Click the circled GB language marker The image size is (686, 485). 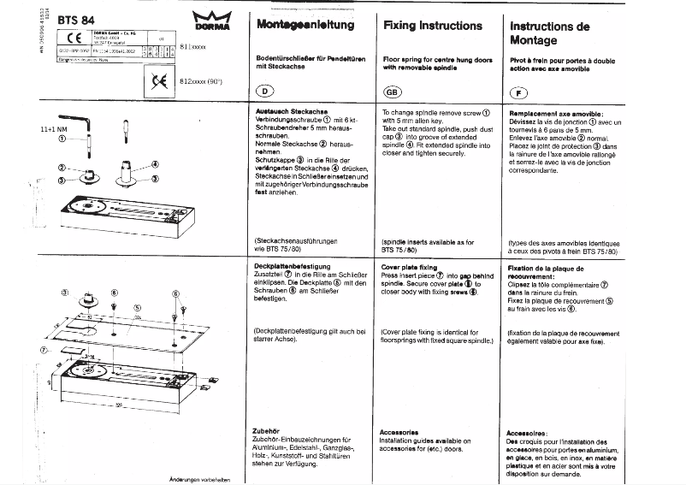coord(392,92)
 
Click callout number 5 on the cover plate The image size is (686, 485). coord(136,307)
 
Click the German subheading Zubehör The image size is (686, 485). coord(268,432)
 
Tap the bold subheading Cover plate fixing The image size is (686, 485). coord(410,268)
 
